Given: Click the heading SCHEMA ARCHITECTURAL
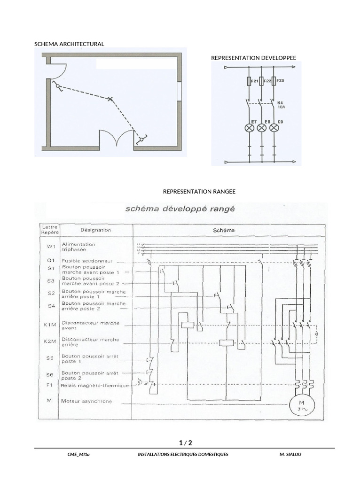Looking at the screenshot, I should tap(69, 44).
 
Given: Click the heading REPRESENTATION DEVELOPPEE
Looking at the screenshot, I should tap(253, 58).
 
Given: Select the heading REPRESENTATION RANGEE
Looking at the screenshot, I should tap(199, 192).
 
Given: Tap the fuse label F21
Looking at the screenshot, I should tap(255, 81).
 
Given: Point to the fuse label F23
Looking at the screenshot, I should tap(280, 81).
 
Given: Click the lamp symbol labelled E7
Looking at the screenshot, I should tap(249, 128).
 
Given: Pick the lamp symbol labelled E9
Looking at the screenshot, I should tap(275, 128).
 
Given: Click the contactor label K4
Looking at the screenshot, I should tap(281, 102).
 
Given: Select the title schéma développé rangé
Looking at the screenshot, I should tap(180, 209).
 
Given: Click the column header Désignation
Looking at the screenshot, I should tap(96, 230).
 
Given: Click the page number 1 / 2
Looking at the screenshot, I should tap(186, 443).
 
